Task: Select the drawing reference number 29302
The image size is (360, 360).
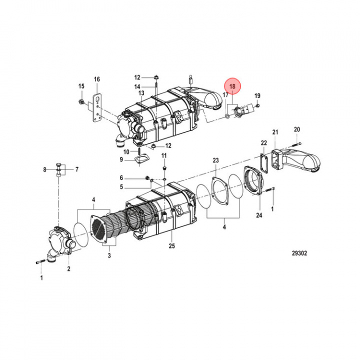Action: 299,253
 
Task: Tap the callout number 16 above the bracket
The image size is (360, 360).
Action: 96,79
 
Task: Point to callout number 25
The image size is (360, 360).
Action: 171,246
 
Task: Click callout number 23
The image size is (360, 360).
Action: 215,160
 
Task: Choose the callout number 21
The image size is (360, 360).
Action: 274,132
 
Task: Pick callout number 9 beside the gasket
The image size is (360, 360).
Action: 121,159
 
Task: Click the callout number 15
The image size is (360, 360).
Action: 81,86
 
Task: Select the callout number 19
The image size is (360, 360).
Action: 257,95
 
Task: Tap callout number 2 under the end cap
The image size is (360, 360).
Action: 68,269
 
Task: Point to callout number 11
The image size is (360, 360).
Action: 163,156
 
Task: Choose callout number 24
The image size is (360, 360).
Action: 258,216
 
